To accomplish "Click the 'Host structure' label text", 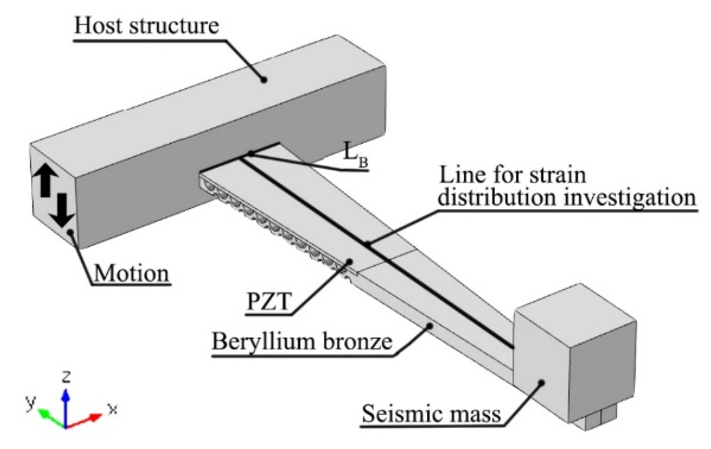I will click(x=146, y=25).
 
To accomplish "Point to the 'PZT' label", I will click(x=268, y=302).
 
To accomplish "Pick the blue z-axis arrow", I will click(x=66, y=405).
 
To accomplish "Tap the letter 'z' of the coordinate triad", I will click(x=66, y=376).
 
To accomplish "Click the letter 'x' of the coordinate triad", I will click(x=113, y=409).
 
